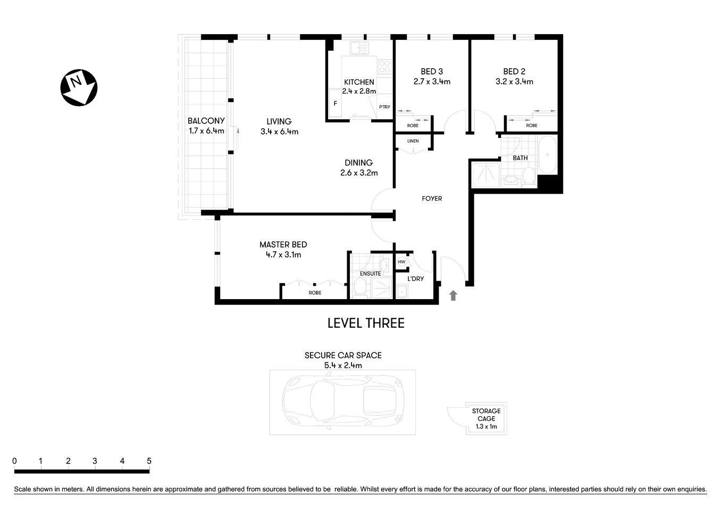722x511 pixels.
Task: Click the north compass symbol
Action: pyautogui.click(x=78, y=87)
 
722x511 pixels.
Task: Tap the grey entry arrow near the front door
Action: pyautogui.click(x=453, y=295)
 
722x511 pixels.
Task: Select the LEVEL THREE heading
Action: pyautogui.click(x=366, y=323)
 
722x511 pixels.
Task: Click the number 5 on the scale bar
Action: pyautogui.click(x=149, y=461)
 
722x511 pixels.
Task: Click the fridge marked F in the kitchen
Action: pyautogui.click(x=335, y=104)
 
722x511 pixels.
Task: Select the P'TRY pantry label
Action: pyautogui.click(x=384, y=107)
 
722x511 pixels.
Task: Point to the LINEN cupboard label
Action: pyautogui.click(x=413, y=141)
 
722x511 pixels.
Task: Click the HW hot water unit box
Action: pyautogui.click(x=401, y=262)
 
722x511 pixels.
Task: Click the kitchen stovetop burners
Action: pyautogui.click(x=384, y=67)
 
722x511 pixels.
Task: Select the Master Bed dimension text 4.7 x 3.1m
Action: pyautogui.click(x=283, y=255)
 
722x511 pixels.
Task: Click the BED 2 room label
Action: pyautogui.click(x=514, y=71)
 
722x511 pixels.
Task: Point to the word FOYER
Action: pyautogui.click(x=432, y=199)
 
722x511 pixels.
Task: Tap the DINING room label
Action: pyautogui.click(x=359, y=163)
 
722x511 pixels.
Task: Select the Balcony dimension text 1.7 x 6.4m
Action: pyautogui.click(x=206, y=131)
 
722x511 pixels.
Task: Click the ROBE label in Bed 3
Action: pyautogui.click(x=413, y=126)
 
